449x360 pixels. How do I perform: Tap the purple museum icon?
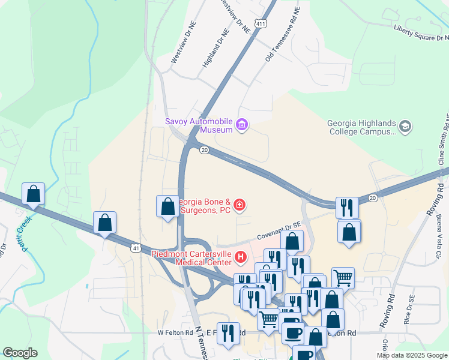(242, 125)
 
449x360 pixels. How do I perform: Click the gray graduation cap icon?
(405, 127)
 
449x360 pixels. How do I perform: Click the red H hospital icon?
(241, 258)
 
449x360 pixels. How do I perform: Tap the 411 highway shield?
(260, 23)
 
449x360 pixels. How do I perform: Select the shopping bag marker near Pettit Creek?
(33, 194)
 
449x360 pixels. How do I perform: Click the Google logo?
(20, 353)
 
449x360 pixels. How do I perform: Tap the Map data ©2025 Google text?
(411, 355)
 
